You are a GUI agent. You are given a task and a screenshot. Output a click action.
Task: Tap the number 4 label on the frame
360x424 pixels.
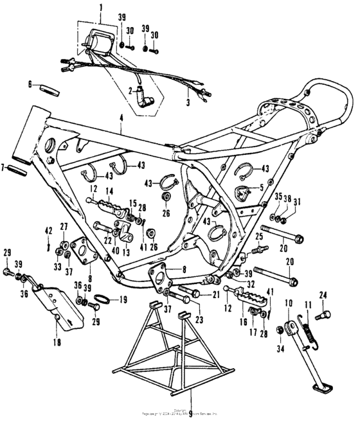120,118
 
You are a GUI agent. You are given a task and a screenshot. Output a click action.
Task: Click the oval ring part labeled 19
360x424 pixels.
103,299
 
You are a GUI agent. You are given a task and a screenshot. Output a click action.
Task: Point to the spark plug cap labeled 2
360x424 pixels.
136,100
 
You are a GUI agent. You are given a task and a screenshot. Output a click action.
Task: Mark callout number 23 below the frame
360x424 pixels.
199,319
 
